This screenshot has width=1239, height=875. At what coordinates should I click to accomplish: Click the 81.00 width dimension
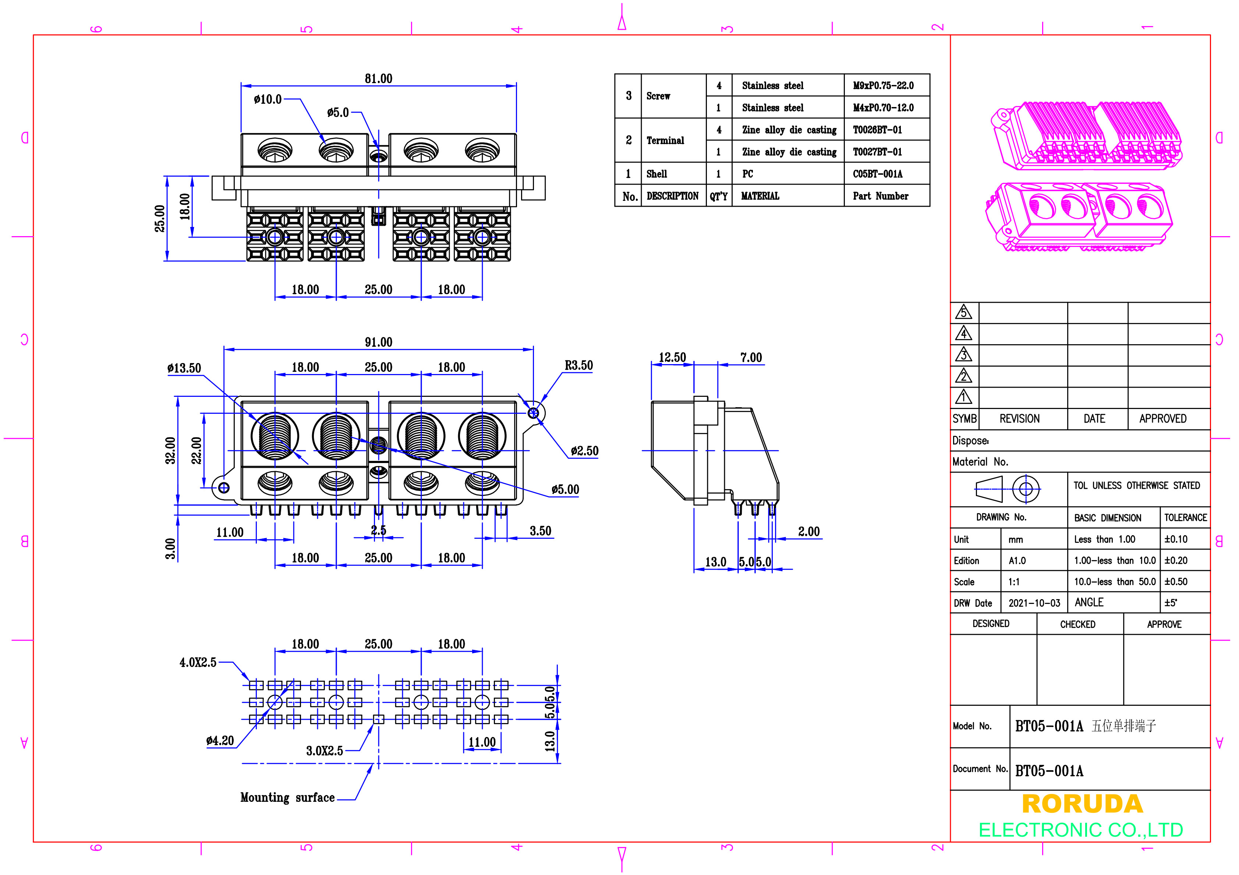pyautogui.click(x=378, y=79)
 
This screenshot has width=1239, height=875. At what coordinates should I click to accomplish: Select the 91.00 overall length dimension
pyautogui.click(x=378, y=342)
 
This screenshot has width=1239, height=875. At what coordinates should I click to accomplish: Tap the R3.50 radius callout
pyautogui.click(x=578, y=365)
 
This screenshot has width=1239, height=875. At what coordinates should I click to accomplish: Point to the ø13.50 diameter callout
pyautogui.click(x=184, y=369)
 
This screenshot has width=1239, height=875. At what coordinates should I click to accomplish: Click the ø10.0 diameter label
pyautogui.click(x=268, y=99)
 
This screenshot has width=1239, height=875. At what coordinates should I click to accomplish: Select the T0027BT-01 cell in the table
pyautogui.click(x=877, y=152)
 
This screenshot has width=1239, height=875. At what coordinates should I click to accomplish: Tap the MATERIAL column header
pyautogui.click(x=760, y=196)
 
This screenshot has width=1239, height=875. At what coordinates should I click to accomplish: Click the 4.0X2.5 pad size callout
pyautogui.click(x=198, y=662)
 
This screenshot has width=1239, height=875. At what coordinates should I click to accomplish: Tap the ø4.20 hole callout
pyautogui.click(x=220, y=741)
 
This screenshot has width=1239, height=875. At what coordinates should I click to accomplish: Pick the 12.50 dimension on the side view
pyautogui.click(x=672, y=357)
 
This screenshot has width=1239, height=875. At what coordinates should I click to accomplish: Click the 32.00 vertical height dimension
pyautogui.click(x=170, y=451)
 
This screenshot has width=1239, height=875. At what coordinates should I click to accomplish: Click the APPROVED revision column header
pyautogui.click(x=1162, y=419)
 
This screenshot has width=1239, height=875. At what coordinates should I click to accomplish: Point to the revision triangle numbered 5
pyautogui.click(x=963, y=312)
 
